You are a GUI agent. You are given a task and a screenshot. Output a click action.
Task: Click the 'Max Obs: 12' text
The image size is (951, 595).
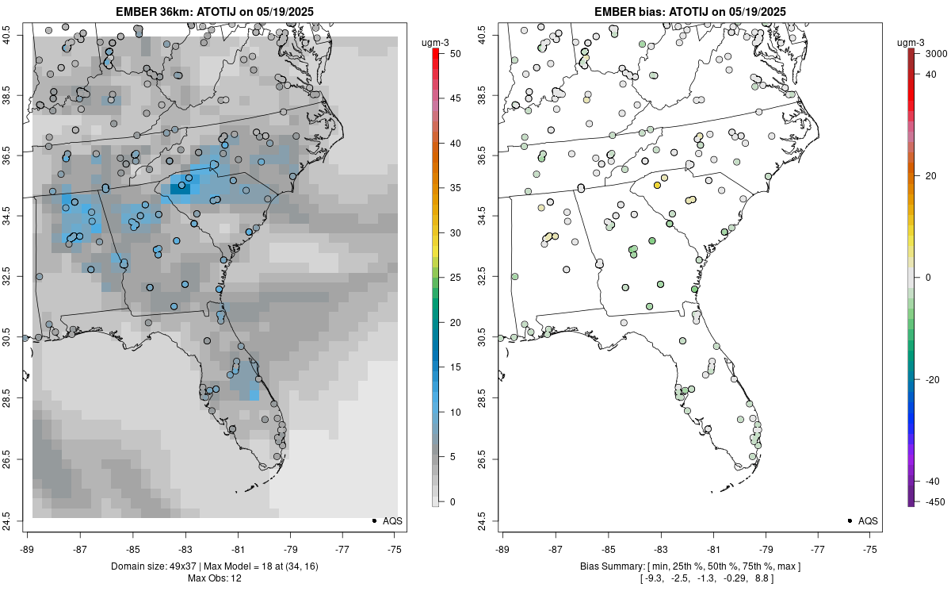214,578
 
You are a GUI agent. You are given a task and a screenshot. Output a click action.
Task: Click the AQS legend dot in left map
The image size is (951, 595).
373,520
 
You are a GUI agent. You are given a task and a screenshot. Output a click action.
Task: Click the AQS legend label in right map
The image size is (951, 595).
868,520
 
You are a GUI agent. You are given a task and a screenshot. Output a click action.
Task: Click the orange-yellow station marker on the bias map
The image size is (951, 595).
657,185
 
